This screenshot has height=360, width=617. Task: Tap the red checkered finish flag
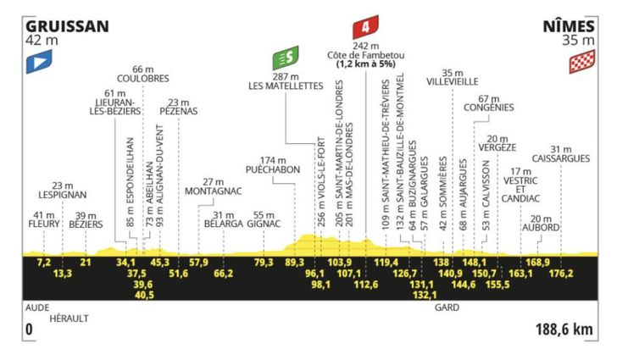point(582,62)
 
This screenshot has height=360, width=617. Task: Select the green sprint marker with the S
point(286,58)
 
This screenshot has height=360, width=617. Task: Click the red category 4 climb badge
point(365,27)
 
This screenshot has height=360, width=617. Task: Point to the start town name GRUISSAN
point(67,26)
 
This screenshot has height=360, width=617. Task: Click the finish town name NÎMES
point(569,26)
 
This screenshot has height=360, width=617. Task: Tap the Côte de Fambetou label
point(365,55)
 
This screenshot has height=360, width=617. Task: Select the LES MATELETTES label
point(286,86)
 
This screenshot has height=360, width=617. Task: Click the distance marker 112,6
point(366,284)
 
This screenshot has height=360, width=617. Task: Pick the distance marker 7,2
point(44,262)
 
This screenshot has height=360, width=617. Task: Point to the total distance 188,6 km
point(564,330)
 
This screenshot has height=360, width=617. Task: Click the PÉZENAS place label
point(179,111)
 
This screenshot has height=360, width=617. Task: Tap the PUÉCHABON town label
point(273,169)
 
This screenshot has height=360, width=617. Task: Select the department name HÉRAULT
point(69,318)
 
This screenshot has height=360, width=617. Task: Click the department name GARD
point(447,307)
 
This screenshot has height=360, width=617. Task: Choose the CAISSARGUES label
point(561,158)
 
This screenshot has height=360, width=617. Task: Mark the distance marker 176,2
point(561,273)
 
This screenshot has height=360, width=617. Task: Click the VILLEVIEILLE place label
point(453,82)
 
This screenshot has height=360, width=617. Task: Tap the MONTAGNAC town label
point(214,191)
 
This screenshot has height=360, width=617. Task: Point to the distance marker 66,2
point(224,273)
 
